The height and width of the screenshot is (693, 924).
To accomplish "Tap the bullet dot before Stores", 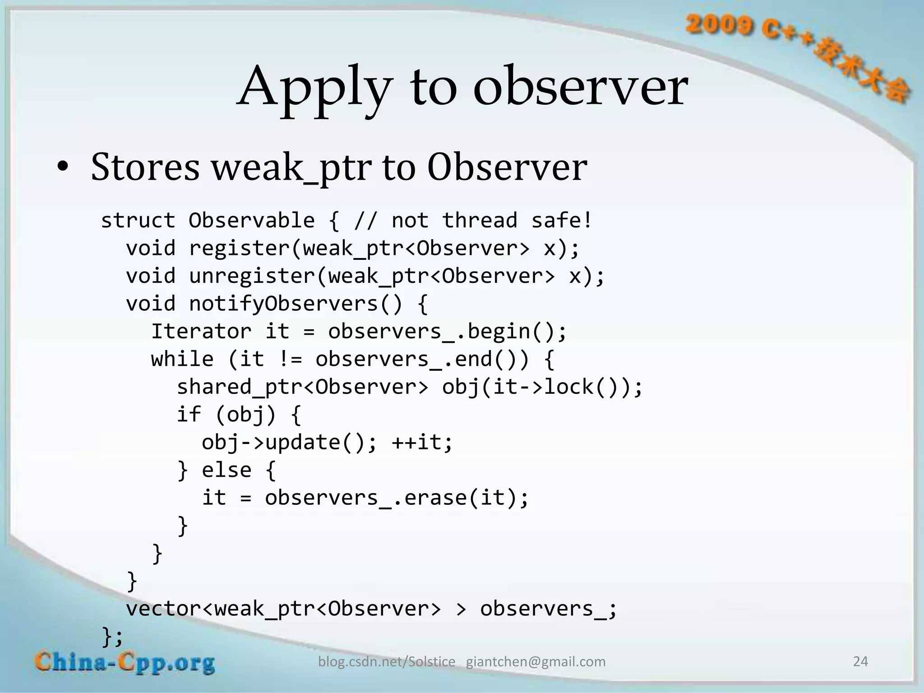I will click(x=63, y=167).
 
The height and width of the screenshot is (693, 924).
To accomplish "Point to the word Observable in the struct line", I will click(x=251, y=221).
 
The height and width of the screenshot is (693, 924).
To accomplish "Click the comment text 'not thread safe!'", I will click(x=491, y=221).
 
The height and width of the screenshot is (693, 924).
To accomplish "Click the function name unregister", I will click(x=252, y=276).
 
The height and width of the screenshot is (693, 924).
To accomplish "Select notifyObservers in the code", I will click(x=283, y=304).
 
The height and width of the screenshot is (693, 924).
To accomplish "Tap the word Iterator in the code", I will click(x=201, y=332).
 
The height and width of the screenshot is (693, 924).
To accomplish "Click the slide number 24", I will click(x=860, y=661).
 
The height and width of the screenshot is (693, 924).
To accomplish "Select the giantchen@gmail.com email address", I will click(x=536, y=662).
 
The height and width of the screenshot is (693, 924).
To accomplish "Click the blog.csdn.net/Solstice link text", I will click(x=387, y=662).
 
